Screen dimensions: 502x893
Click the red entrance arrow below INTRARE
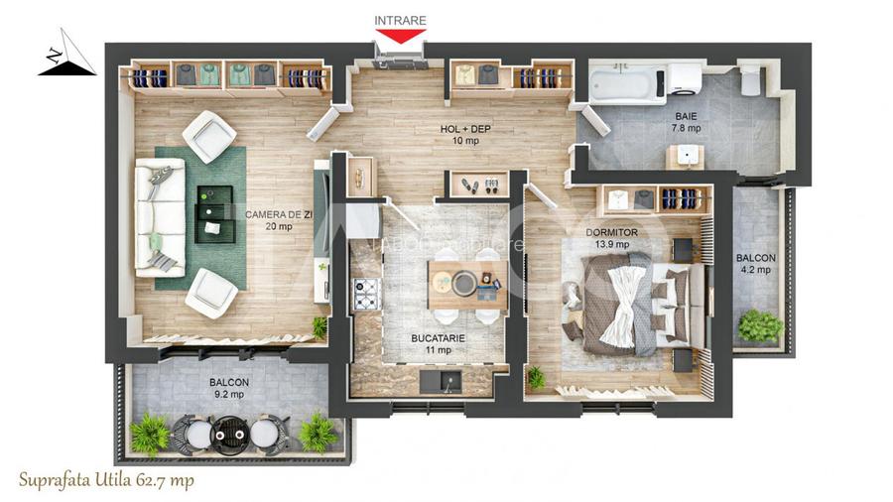pyautogui.click(x=399, y=37)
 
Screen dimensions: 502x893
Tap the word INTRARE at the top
pyautogui.click(x=399, y=20)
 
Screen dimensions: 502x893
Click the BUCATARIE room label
pyautogui.click(x=439, y=338)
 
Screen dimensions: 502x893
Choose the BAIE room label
pyautogui.click(x=686, y=115)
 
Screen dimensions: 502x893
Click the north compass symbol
pyautogui.click(x=65, y=60)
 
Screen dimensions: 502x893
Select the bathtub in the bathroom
pyautogui.click(x=627, y=83)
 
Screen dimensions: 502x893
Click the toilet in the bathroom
pyautogui.click(x=750, y=80)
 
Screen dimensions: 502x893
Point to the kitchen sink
pyautogui.click(x=438, y=381)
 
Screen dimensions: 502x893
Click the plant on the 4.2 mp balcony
pyautogui.click(x=760, y=324)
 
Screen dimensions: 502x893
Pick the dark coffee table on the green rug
pyautogui.click(x=214, y=213)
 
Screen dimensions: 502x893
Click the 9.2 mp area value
pyautogui.click(x=228, y=394)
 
